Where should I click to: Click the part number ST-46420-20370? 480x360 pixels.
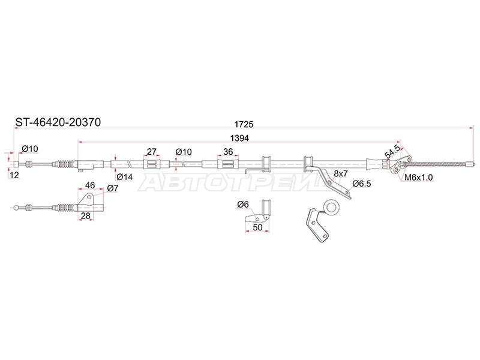pyautogui.click(x=58, y=122)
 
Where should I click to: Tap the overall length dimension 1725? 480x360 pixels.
pyautogui.click(x=244, y=124)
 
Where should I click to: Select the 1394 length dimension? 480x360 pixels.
pyautogui.click(x=239, y=138)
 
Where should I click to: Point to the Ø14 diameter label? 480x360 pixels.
pyautogui.click(x=124, y=176)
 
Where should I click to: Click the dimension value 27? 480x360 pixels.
pyautogui.click(x=152, y=152)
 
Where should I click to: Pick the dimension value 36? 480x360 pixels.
pyautogui.click(x=228, y=152)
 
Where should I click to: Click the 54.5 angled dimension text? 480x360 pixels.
pyautogui.click(x=392, y=152)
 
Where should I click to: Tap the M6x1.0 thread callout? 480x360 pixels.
pyautogui.click(x=418, y=177)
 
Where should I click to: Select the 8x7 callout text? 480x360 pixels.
pyautogui.click(x=341, y=173)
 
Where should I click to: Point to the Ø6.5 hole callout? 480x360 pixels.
pyautogui.click(x=362, y=184)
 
